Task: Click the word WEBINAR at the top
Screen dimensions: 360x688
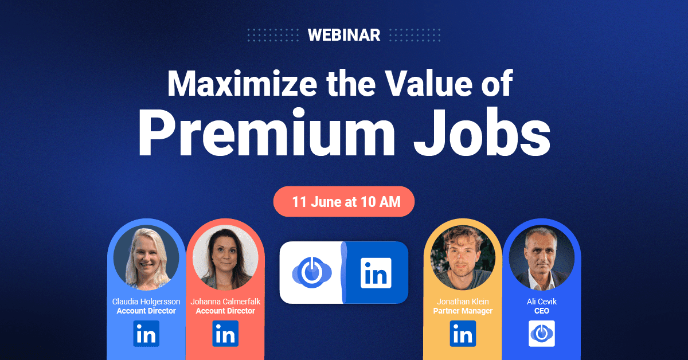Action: pyautogui.click(x=343, y=35)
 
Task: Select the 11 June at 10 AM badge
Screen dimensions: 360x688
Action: pyautogui.click(x=344, y=202)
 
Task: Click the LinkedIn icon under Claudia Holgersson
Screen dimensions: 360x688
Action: pyautogui.click(x=146, y=334)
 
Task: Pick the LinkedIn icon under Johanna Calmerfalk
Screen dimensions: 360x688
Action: pyautogui.click(x=225, y=334)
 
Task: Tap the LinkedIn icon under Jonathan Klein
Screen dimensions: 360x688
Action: pyautogui.click(x=463, y=334)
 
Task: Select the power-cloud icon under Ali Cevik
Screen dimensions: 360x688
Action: pyautogui.click(x=542, y=334)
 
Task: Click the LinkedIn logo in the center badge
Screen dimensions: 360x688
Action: pyautogui.click(x=376, y=272)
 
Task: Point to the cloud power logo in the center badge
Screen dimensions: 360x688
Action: pyautogui.click(x=310, y=272)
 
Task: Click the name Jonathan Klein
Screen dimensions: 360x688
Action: pyautogui.click(x=463, y=302)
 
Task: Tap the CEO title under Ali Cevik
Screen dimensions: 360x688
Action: pyautogui.click(x=542, y=311)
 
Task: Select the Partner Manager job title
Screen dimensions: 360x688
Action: pyautogui.click(x=463, y=311)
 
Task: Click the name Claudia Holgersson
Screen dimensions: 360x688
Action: pyautogui.click(x=146, y=302)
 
